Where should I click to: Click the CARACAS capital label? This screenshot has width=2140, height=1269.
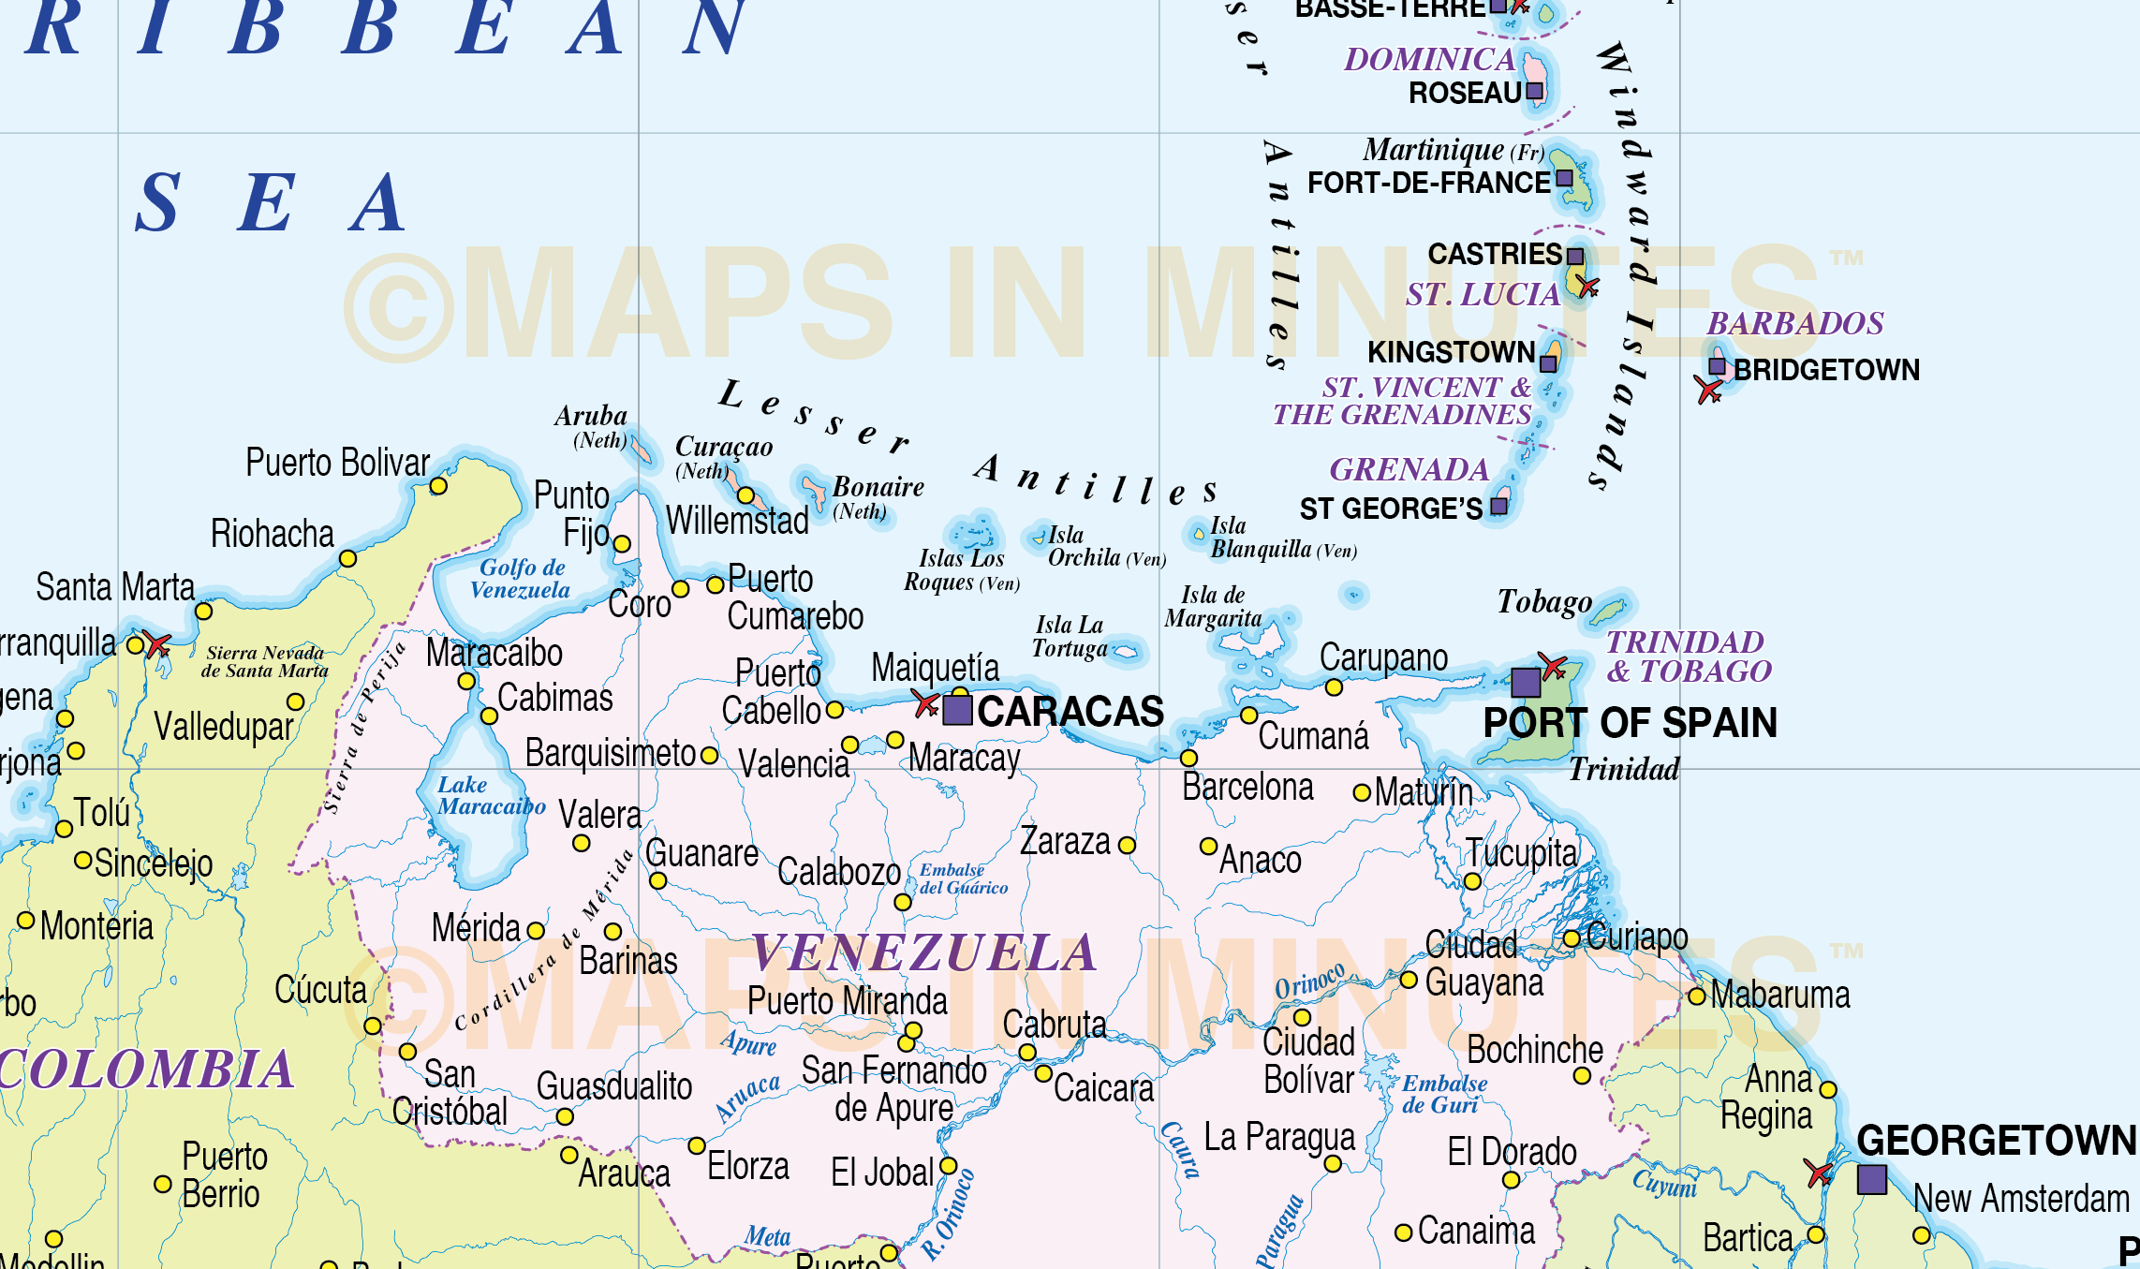pyautogui.click(x=1070, y=712)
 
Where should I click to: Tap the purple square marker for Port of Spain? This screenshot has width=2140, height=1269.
pyautogui.click(x=1526, y=682)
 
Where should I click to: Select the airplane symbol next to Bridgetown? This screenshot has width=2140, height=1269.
pyautogui.click(x=1708, y=389)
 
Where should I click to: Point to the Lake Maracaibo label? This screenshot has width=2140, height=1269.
pyautogui.click(x=490, y=796)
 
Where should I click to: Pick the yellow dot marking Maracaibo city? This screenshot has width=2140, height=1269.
pyautogui.click(x=466, y=681)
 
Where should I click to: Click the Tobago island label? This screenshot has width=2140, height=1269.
pyautogui.click(x=1544, y=601)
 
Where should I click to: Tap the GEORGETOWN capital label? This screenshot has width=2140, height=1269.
pyautogui.click(x=1996, y=1141)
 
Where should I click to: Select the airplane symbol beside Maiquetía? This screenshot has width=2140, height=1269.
pyautogui.click(x=926, y=703)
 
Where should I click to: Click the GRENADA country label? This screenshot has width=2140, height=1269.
pyautogui.click(x=1409, y=469)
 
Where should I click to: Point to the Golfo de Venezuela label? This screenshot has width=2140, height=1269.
pyautogui.click(x=521, y=579)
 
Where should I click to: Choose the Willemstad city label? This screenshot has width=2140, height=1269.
pyautogui.click(x=737, y=521)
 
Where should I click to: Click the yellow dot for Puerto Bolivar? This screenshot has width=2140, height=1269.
pyautogui.click(x=438, y=486)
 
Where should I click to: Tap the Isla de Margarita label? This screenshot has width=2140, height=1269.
pyautogui.click(x=1213, y=607)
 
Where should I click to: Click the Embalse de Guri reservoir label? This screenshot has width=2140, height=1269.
pyautogui.click(x=1443, y=1094)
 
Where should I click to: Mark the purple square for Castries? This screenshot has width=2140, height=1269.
pyautogui.click(x=1575, y=257)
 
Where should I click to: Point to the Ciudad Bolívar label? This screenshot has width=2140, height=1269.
pyautogui.click(x=1308, y=1061)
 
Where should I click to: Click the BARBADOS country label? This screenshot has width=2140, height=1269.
pyautogui.click(x=1794, y=324)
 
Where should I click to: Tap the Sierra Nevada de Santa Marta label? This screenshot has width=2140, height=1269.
pyautogui.click(x=265, y=661)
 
